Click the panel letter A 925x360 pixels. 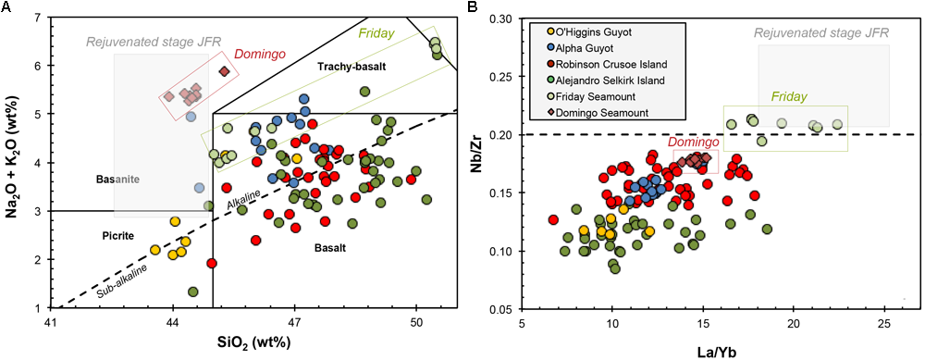pyautogui.click(x=7, y=8)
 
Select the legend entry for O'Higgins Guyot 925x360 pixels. pyautogui.click(x=592, y=32)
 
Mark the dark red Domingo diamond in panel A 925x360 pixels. pyautogui.click(x=223, y=71)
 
